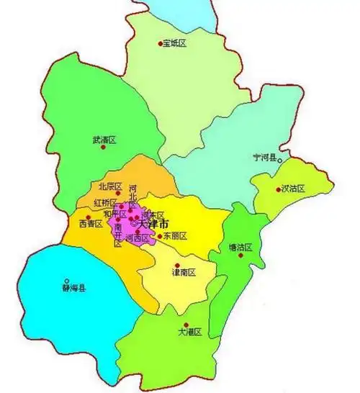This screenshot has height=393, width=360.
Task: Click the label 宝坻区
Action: [176, 44]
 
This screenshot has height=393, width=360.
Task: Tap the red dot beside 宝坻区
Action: [161, 44]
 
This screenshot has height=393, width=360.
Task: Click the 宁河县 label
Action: [264, 157]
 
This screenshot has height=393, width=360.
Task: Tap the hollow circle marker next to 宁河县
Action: [280, 158]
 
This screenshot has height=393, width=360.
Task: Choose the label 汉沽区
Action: [294, 189]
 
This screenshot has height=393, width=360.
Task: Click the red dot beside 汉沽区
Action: [279, 190]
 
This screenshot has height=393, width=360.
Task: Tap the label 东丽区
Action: [175, 236]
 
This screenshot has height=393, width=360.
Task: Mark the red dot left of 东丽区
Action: [159, 236]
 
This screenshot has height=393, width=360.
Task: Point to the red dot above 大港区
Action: [186, 325]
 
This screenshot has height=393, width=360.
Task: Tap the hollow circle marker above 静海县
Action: [67, 281]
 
